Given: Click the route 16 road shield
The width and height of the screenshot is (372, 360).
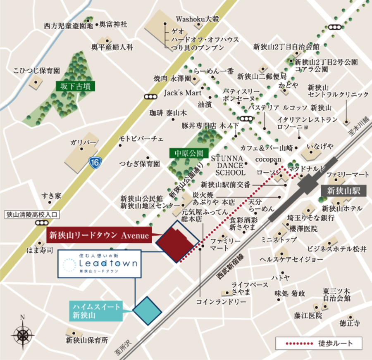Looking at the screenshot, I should click(x=95, y=162).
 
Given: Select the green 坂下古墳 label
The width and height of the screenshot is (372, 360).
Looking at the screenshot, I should click(x=76, y=87).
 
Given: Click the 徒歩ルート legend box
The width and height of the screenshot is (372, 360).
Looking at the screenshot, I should click(x=319, y=343).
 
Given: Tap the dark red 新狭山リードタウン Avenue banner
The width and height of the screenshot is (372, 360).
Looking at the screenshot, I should click(x=99, y=236).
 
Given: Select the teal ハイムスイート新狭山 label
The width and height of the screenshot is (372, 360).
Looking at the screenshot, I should click(x=96, y=311).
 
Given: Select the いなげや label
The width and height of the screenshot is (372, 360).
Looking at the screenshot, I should click(x=320, y=146).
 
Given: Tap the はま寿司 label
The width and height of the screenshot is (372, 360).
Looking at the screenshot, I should click(x=40, y=250).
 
